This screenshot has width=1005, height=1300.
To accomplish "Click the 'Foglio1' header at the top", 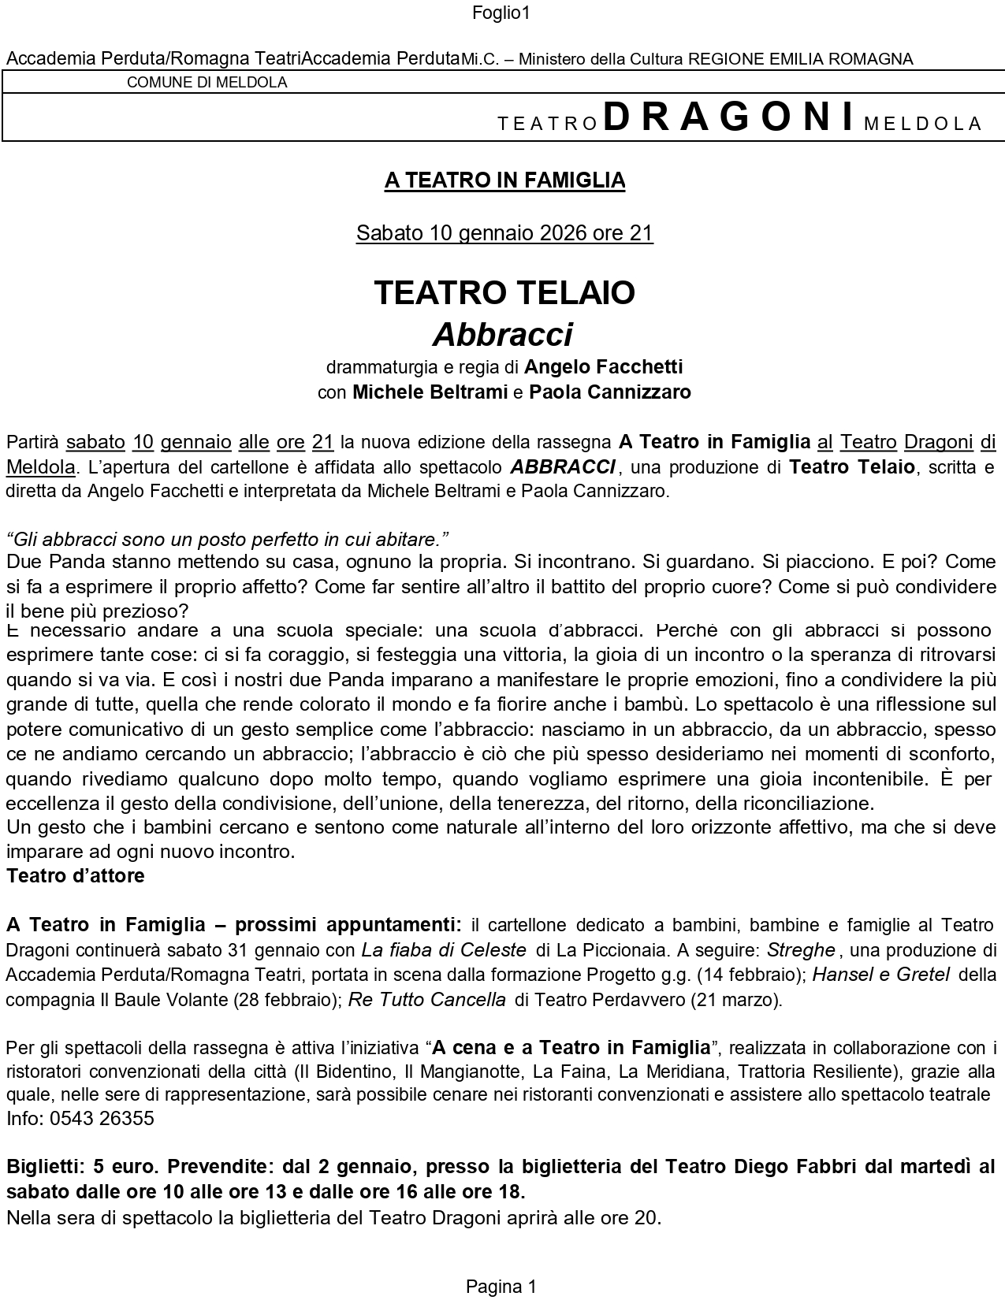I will click(x=501, y=13).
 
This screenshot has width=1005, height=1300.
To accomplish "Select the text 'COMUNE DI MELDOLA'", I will click(x=207, y=82).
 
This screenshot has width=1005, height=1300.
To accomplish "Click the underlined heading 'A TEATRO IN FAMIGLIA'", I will click(x=504, y=180).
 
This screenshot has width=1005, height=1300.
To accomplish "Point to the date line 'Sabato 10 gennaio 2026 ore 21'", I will click(x=504, y=233).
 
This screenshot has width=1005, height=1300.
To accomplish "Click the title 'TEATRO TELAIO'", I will click(x=504, y=292).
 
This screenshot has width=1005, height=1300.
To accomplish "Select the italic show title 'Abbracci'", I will click(x=502, y=335).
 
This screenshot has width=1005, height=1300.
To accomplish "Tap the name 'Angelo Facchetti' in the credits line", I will click(x=603, y=366).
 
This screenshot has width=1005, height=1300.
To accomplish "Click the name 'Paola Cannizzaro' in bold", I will click(x=609, y=392).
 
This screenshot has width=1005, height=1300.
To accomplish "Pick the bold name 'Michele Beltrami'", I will click(x=430, y=392).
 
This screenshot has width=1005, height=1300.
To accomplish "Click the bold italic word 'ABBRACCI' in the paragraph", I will click(x=562, y=466).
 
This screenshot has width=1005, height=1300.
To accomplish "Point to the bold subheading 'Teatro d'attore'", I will click(x=76, y=876).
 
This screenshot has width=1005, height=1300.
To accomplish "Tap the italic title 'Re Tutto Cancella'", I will click(x=427, y=1000).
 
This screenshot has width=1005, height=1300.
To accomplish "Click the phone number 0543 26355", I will click(x=101, y=1119).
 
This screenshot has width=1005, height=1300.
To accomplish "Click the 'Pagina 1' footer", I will click(x=501, y=1287).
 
